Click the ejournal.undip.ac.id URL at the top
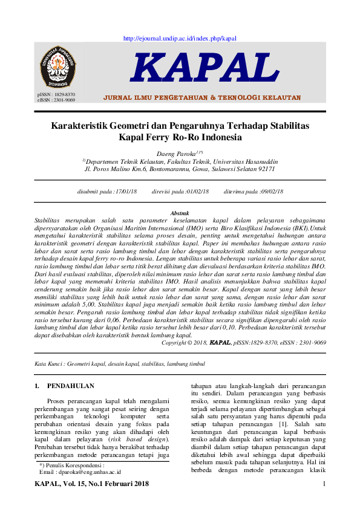point(180,38)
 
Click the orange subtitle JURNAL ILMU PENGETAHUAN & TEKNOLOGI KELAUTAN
point(202,97)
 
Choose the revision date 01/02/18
point(197,191)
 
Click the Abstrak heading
point(180,213)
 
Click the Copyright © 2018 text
point(184,342)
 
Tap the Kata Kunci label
point(48,364)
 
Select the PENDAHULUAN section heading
point(70,386)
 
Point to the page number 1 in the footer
point(324,484)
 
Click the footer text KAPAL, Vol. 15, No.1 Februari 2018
point(92,484)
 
